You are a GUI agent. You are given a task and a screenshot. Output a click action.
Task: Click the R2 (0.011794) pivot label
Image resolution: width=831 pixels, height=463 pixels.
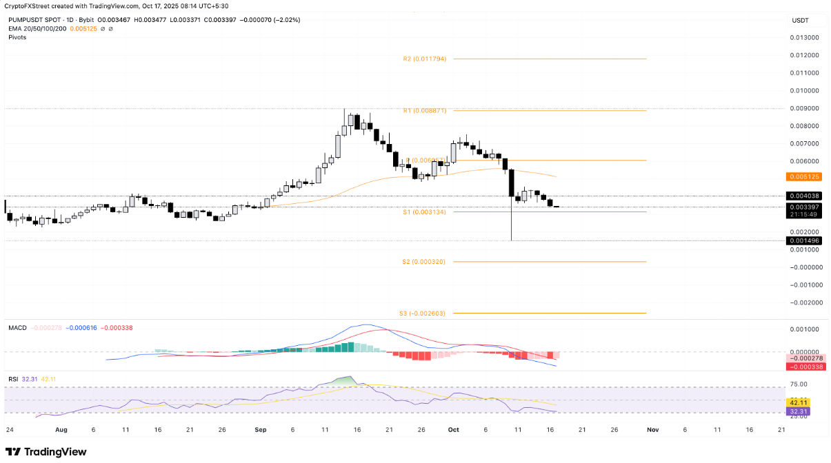tap(424, 59)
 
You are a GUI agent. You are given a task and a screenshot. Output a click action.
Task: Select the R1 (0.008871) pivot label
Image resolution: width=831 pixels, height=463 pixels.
tap(424, 110)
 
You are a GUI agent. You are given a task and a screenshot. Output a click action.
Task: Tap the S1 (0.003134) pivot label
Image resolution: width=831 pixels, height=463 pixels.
tap(424, 212)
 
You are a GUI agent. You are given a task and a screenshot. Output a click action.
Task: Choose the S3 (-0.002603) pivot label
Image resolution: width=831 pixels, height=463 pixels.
tap(422, 313)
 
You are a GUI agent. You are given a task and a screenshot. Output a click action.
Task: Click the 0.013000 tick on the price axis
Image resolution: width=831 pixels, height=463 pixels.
tap(804, 37)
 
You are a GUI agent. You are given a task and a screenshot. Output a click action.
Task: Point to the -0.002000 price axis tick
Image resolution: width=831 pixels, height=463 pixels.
tap(803, 302)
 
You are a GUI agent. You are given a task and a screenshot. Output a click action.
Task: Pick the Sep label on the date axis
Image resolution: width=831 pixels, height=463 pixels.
tap(260, 429)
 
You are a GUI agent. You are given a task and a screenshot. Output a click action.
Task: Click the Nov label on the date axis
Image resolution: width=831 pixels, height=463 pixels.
tap(652, 429)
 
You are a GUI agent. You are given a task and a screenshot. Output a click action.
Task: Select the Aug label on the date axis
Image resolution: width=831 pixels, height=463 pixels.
tap(61, 429)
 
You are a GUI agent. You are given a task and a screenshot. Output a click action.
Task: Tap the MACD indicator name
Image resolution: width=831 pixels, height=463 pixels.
tap(17, 327)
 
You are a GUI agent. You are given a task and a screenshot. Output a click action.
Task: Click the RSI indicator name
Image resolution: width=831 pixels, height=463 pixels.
tap(13, 378)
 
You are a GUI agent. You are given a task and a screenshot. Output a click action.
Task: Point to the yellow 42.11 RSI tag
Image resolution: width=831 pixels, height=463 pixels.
tap(799, 402)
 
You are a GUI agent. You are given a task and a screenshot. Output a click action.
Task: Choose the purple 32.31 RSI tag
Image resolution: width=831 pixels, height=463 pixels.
tap(799, 411)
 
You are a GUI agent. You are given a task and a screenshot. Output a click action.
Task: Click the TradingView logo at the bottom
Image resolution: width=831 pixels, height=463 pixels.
tap(46, 451)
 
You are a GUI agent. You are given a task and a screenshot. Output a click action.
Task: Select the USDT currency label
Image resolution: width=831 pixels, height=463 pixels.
tap(800, 21)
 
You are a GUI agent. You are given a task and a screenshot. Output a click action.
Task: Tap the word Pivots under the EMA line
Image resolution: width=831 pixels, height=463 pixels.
tap(17, 37)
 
